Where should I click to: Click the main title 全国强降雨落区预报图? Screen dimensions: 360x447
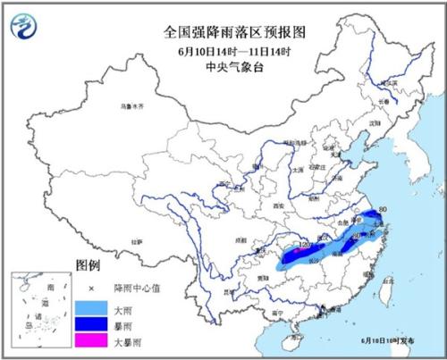coord(223,31)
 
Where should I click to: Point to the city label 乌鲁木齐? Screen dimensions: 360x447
coord(131,106)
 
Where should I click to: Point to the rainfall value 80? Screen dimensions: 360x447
coord(383,210)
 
